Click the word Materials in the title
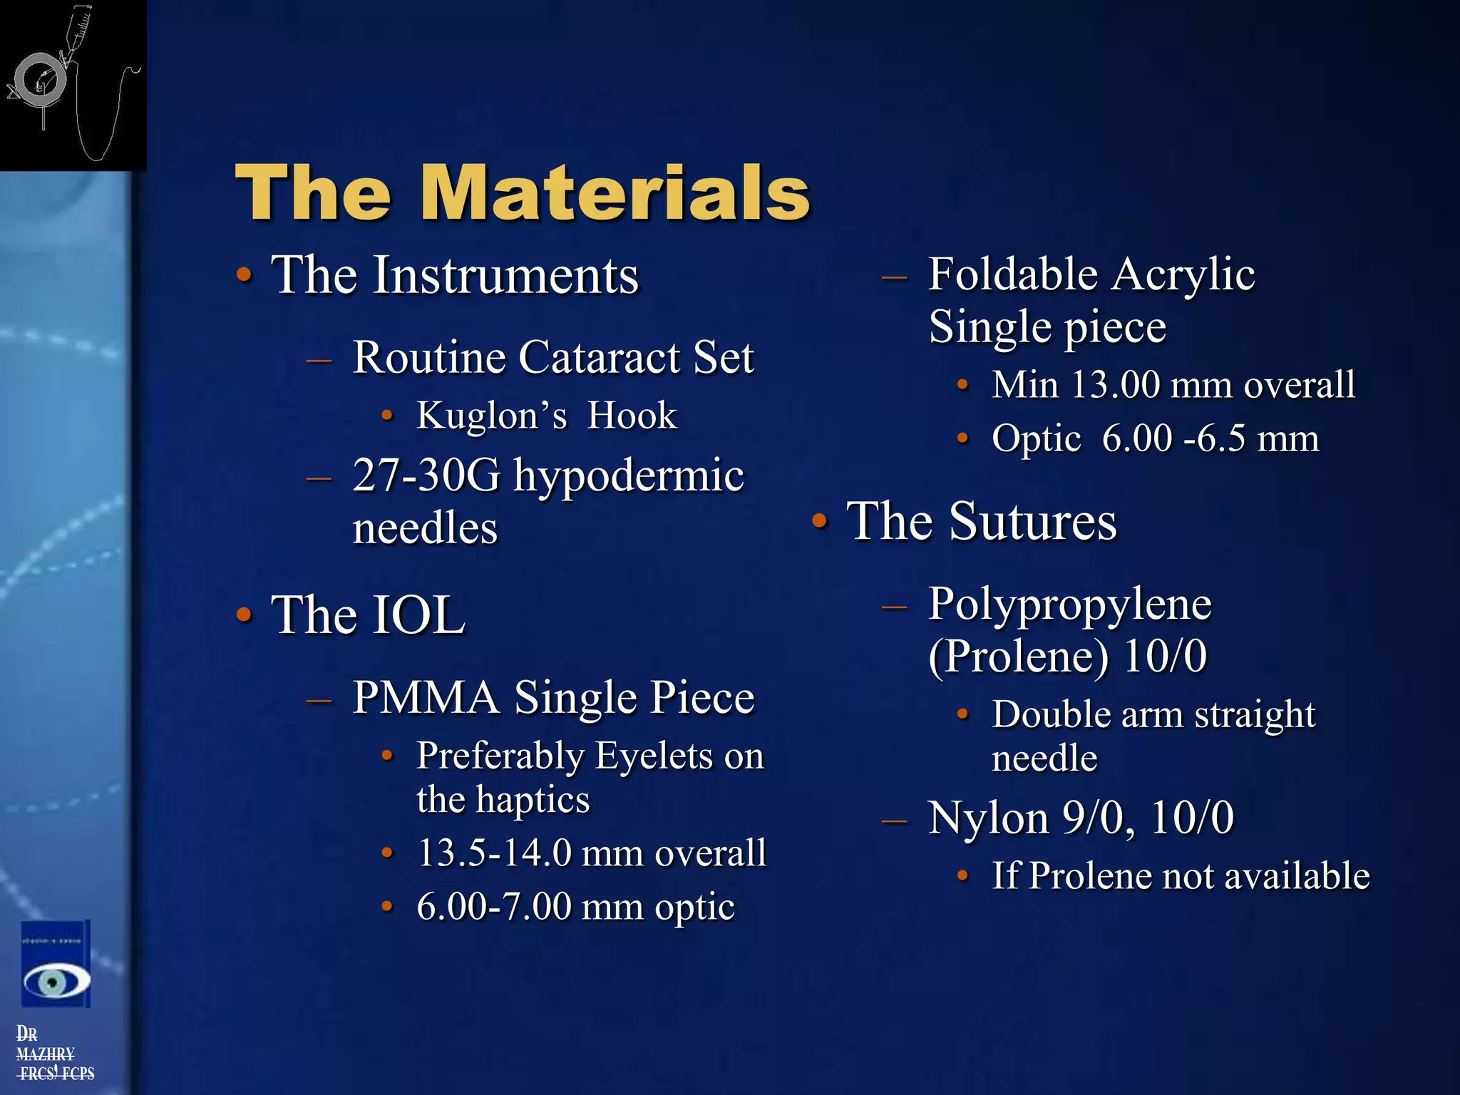(x=615, y=192)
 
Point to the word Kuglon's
(x=492, y=416)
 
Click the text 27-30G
(x=426, y=475)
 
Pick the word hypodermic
(x=629, y=477)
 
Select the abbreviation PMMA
(x=426, y=697)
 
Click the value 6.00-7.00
(x=494, y=907)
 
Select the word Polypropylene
(x=1069, y=605)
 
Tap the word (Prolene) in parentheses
(x=1018, y=656)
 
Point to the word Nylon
(x=988, y=818)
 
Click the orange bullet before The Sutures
(x=820, y=521)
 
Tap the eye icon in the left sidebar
(x=56, y=982)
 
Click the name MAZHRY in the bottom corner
(x=45, y=1054)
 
